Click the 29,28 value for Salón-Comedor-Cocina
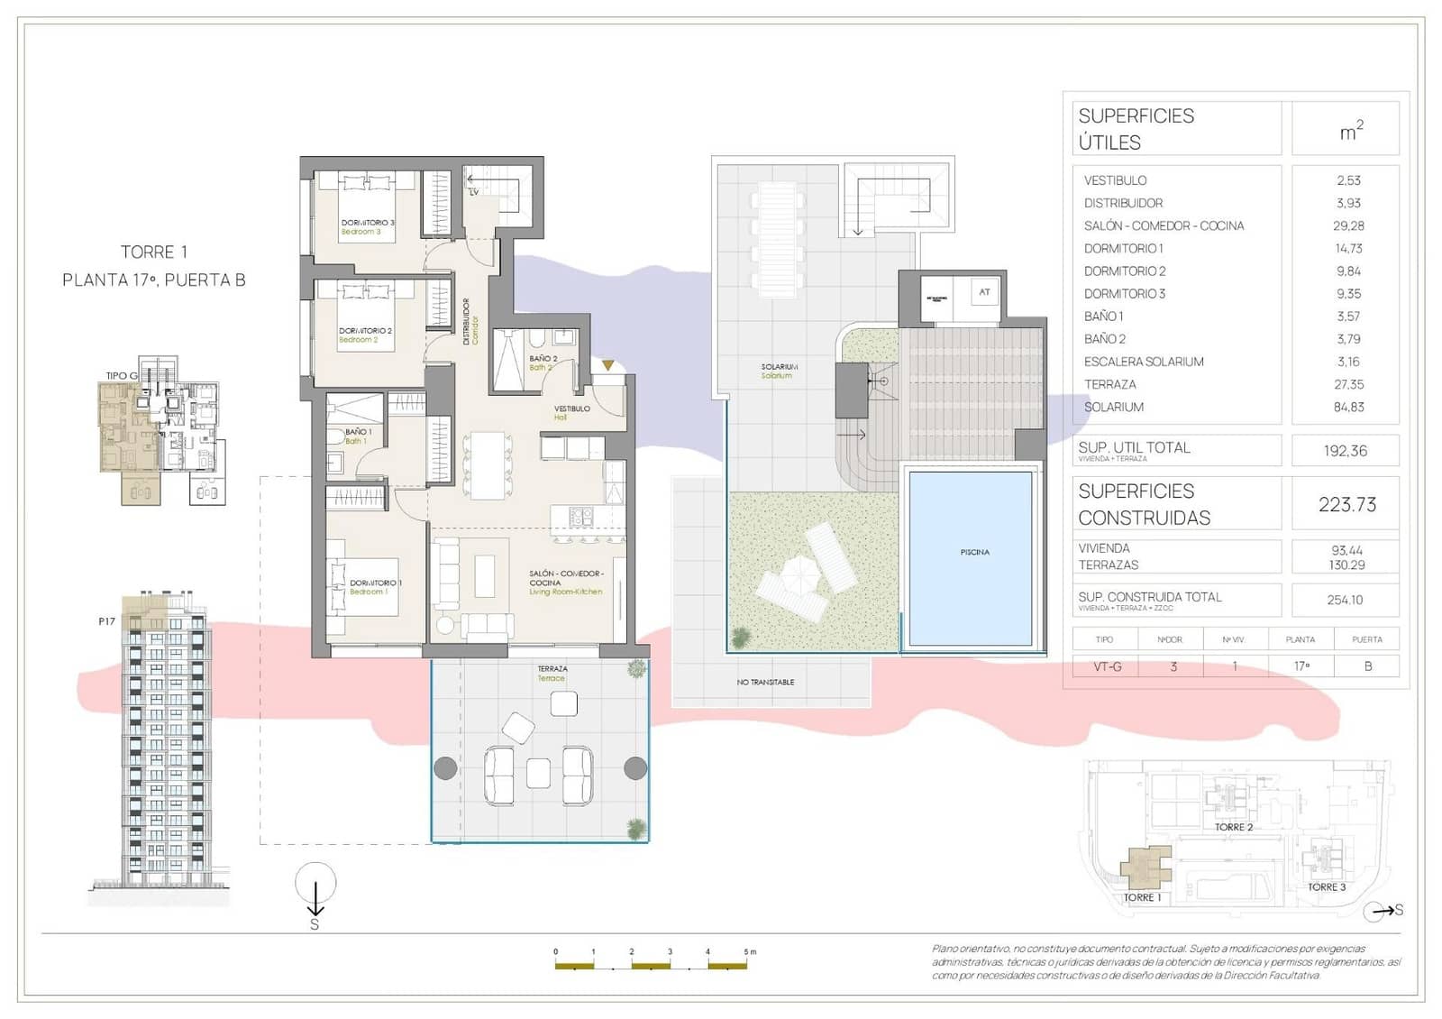tap(1348, 225)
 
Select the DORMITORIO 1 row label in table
tap(1123, 248)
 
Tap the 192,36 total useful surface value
tap(1345, 451)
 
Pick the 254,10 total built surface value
tap(1345, 600)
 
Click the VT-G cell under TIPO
tap(1107, 666)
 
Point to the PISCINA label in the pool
tap(974, 552)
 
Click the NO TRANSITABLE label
tap(765, 682)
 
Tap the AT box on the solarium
tap(984, 292)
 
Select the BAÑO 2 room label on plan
tap(543, 359)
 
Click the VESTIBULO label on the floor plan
tap(571, 409)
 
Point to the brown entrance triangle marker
tap(608, 365)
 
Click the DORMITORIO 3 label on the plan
tap(367, 222)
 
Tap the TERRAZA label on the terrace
tap(552, 669)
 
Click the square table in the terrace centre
tap(538, 773)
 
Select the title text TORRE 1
tap(154, 252)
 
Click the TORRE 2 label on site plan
tap(1233, 827)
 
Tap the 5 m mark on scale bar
tap(749, 951)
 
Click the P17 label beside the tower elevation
tap(106, 621)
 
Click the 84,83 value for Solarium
tap(1348, 407)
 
